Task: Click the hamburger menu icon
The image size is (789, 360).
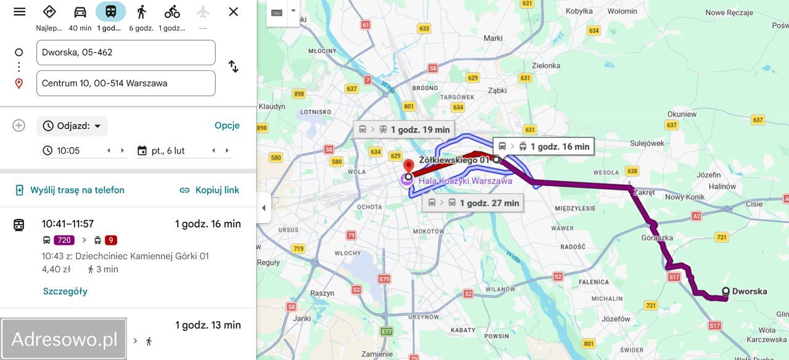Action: point(20,12)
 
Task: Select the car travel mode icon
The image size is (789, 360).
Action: point(80,12)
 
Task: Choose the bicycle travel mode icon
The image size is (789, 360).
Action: point(172,12)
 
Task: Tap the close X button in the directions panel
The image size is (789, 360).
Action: point(233,12)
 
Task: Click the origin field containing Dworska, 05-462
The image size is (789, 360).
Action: point(126,52)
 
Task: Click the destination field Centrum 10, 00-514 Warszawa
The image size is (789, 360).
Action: point(126,83)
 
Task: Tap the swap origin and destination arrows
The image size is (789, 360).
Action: point(233,67)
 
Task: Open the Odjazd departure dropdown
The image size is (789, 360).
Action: point(72,126)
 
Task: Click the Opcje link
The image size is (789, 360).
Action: point(227,126)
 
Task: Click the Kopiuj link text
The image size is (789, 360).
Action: point(217,190)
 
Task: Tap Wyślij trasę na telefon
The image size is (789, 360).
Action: point(77,190)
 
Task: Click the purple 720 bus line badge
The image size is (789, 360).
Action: point(63,240)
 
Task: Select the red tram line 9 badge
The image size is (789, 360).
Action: point(110,240)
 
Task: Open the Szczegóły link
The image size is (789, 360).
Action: point(65,291)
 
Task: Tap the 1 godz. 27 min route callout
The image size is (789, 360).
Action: point(473,203)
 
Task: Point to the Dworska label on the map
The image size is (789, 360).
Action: point(749,292)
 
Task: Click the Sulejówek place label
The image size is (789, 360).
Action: point(647,143)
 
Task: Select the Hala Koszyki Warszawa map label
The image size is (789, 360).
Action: point(465,181)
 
